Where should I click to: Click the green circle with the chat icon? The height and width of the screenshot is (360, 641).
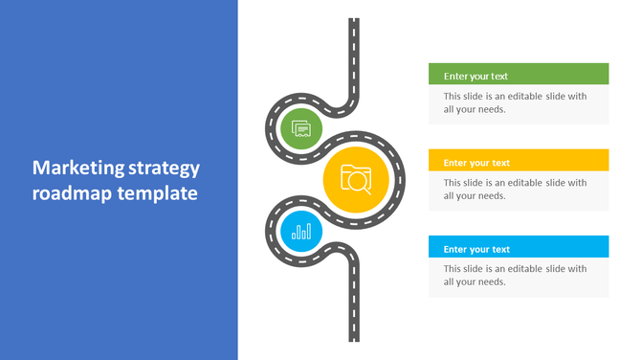[301, 127]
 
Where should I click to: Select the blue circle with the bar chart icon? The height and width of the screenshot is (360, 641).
[301, 231]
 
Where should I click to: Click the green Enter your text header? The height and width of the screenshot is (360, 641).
[519, 76]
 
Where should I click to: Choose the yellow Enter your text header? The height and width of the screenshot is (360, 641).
[519, 163]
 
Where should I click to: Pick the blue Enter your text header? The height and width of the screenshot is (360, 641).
[519, 249]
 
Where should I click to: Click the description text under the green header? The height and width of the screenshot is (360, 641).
[515, 102]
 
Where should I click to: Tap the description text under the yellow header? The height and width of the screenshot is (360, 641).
[515, 189]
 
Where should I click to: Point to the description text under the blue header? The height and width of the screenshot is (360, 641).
[515, 275]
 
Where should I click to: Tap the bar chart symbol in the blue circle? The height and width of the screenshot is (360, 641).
[301, 231]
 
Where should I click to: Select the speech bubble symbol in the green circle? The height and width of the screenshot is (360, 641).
[301, 127]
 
